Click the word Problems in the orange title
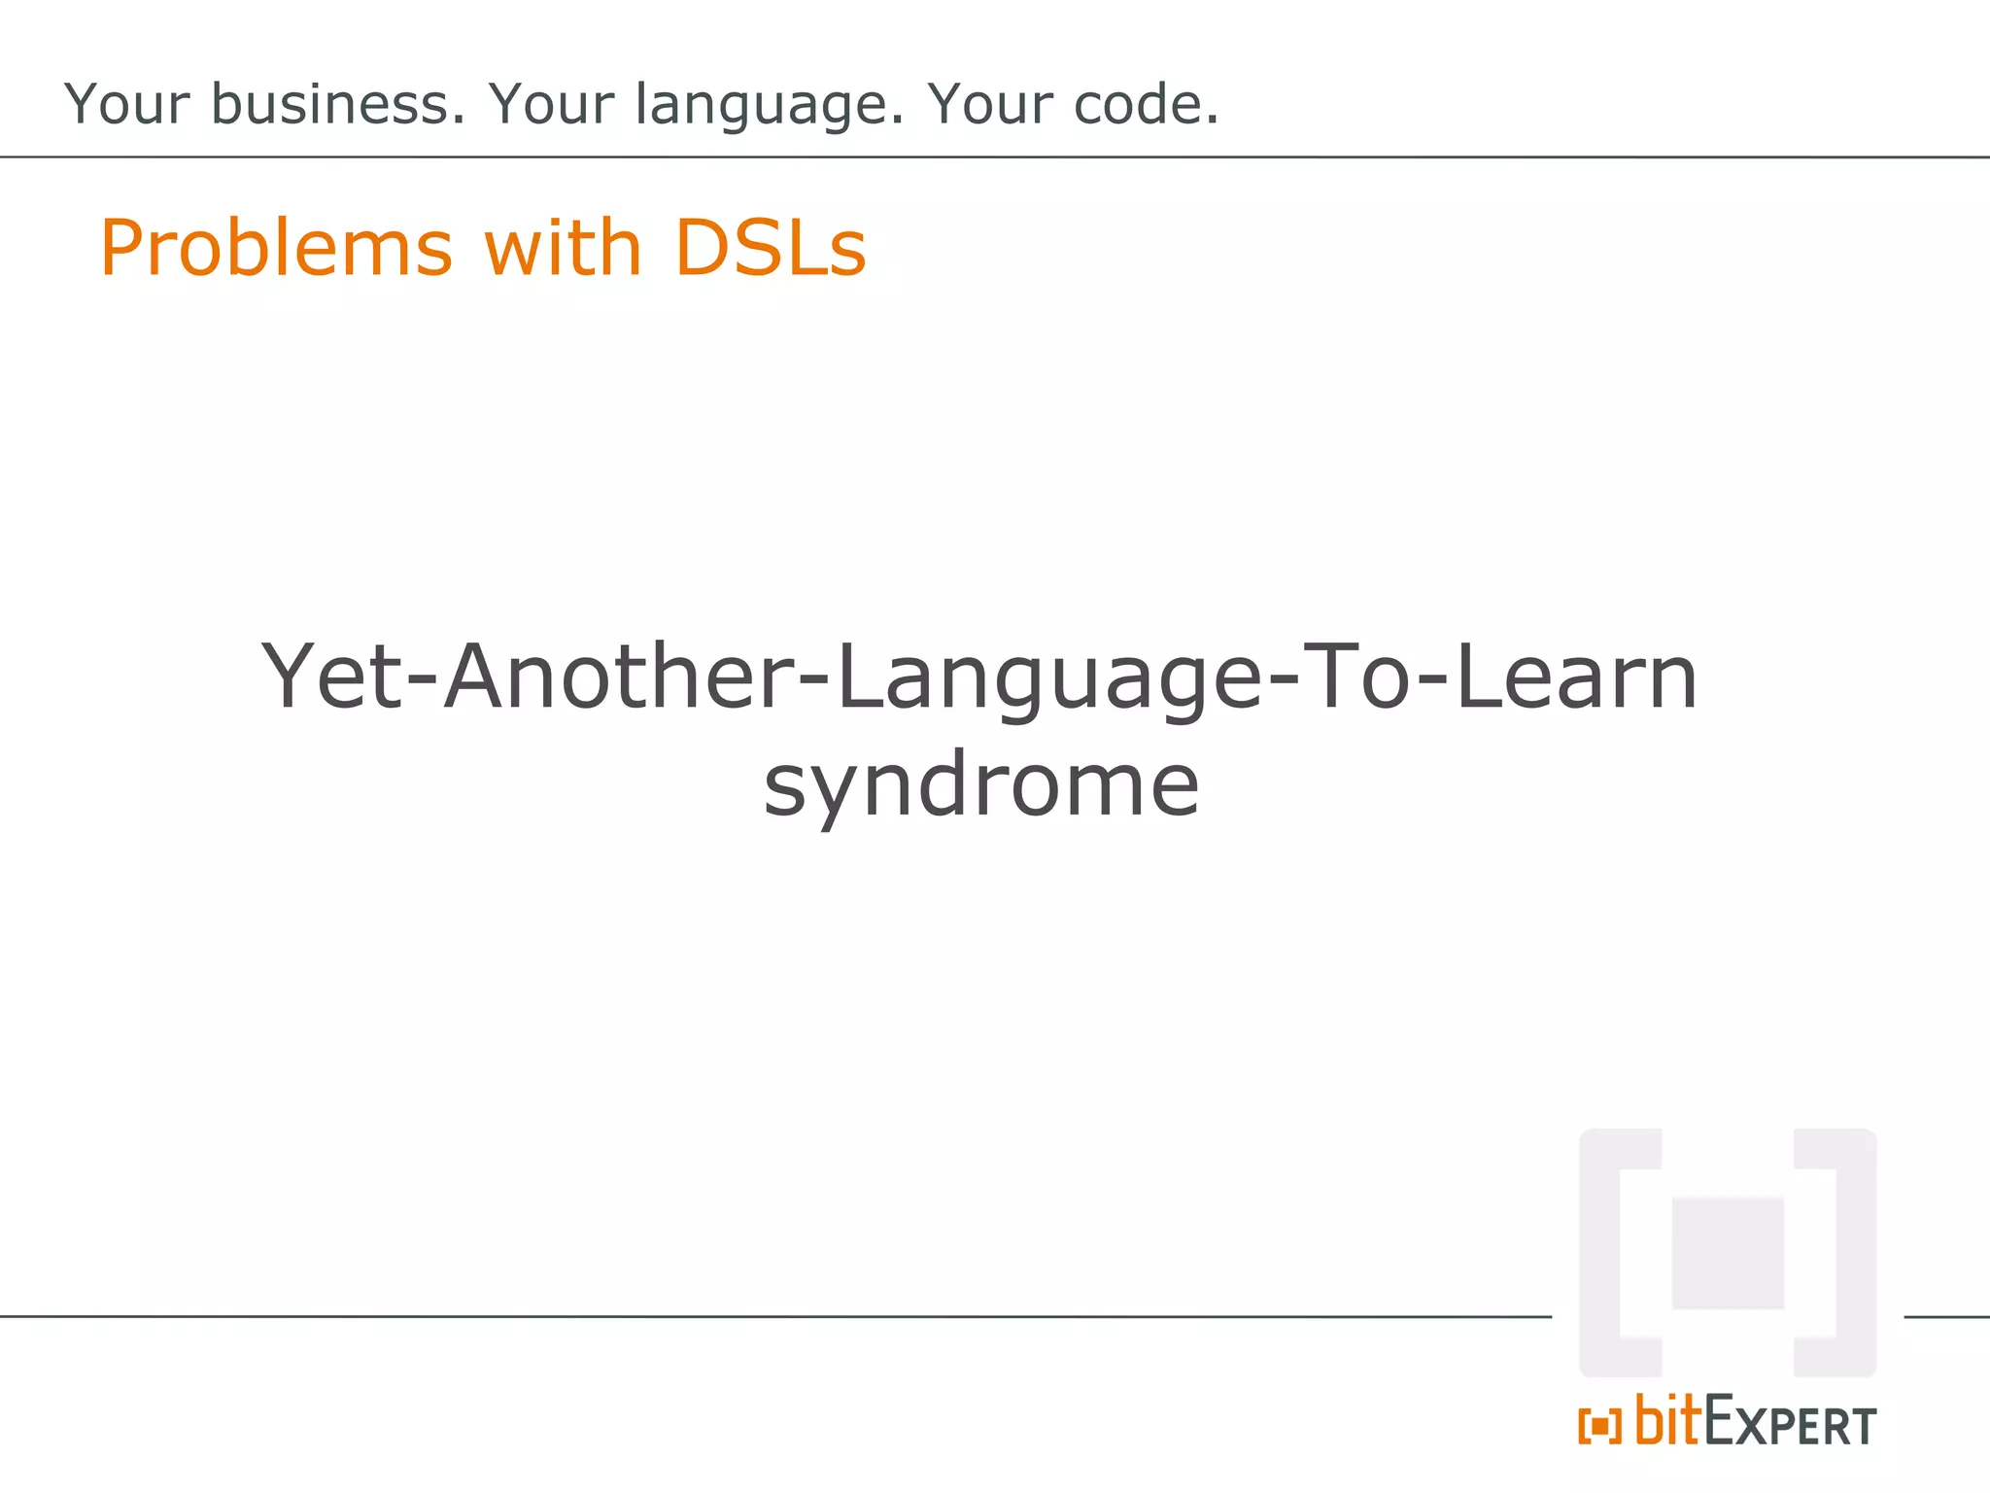coord(277,249)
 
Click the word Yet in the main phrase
coord(331,677)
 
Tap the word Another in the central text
coord(618,677)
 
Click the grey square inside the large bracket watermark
coord(1727,1254)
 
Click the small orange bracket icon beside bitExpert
coord(1599,1427)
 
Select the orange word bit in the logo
coord(1667,1420)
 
